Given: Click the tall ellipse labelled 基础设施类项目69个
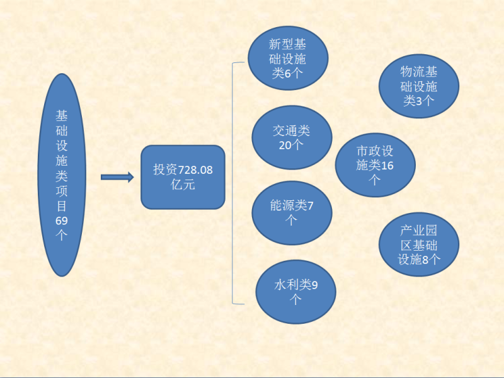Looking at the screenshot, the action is pos(62,175).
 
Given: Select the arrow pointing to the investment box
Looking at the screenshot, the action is pos(117,177).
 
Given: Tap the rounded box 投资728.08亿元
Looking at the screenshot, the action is pos(183,177).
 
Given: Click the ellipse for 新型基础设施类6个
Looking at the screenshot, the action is pos(288,58).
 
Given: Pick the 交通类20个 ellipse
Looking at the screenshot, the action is pos(292,137).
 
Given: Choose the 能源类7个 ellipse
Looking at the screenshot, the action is pos(292,213).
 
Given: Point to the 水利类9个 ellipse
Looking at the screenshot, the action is pos(295,292).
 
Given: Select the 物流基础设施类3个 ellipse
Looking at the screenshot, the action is pos(419,86).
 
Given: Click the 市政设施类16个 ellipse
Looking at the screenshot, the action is pos(375,165).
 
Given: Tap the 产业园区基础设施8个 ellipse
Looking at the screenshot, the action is pos(419,244).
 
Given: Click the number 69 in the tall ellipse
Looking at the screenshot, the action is pos(61,221).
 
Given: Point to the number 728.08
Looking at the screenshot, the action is pos(195,169).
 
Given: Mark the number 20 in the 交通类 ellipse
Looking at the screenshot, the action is pos(285,146).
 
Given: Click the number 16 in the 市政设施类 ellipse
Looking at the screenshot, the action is pos(387,166).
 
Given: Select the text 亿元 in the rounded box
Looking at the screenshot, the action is pos(183,185).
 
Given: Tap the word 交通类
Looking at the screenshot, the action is pos(291,131).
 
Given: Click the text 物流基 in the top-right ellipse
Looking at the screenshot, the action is pos(419,72).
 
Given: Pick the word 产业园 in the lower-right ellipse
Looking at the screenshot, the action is pos(419,230).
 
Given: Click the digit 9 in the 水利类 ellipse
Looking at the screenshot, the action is pos(314,285).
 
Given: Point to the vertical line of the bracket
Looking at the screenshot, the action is pos(232,183).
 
